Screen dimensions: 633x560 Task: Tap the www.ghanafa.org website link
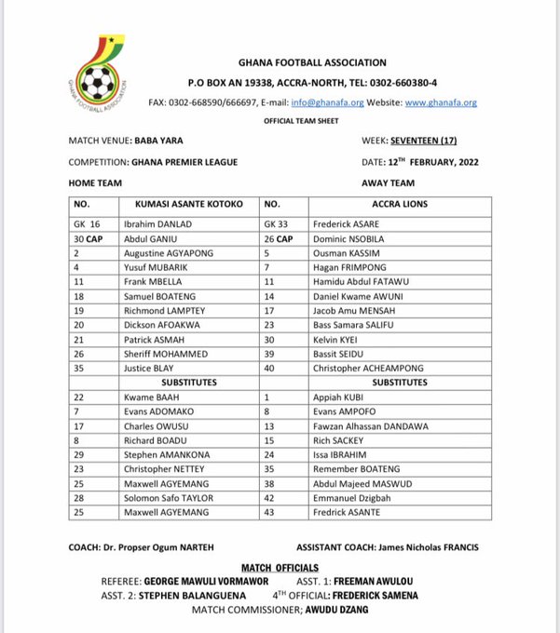[x=443, y=101]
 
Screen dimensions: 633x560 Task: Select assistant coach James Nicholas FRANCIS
[x=429, y=545]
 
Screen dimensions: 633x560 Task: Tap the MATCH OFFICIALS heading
[x=280, y=566]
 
